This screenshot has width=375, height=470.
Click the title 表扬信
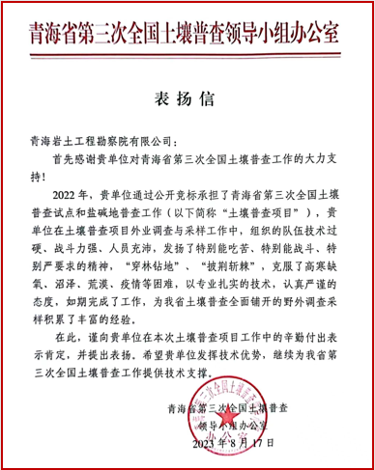click(187, 101)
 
